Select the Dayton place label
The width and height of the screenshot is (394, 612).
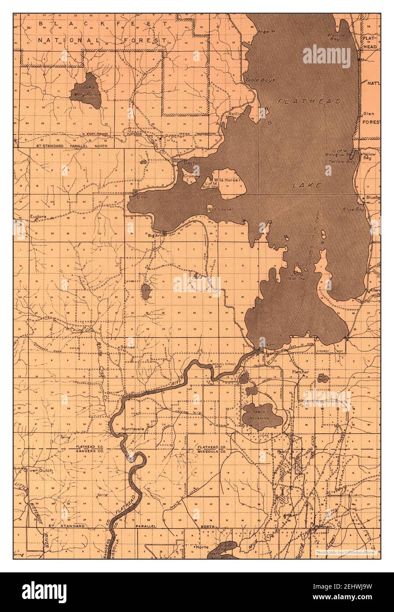192,163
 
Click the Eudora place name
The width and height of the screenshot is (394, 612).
38,217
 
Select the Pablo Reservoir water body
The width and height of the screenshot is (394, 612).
261,415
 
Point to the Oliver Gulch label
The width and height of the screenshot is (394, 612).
38,470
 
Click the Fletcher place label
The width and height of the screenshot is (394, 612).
301,372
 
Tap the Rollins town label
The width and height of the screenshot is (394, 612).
237,114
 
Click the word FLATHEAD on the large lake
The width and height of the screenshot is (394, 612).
309,101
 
